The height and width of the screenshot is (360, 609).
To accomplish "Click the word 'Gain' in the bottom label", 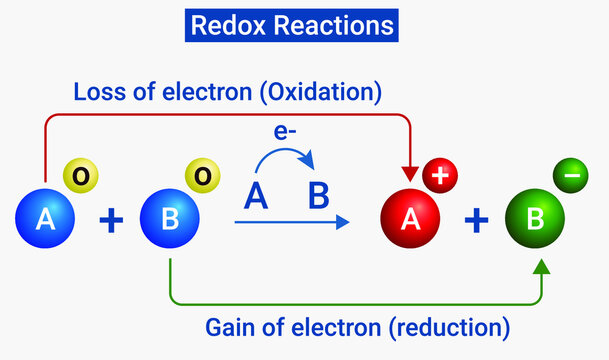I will click(x=229, y=326).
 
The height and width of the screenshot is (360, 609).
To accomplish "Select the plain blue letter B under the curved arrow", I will click(x=318, y=197).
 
